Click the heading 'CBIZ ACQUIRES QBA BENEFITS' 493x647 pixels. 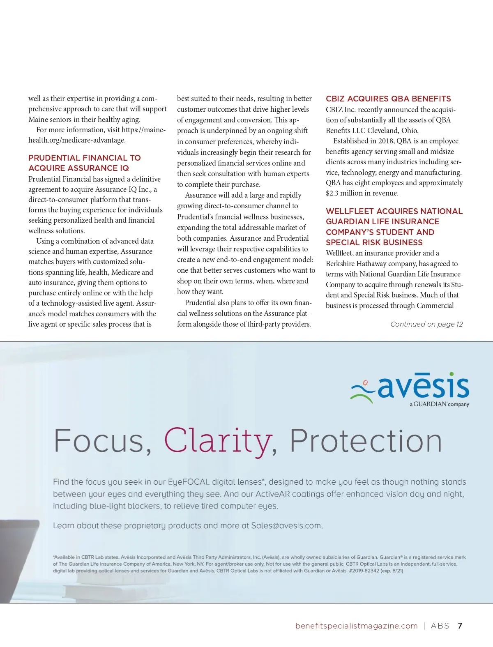388,99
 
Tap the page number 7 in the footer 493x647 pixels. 460,626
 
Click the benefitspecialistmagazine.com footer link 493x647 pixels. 356,626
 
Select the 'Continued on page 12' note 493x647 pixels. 426,324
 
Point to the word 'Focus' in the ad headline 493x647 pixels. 99,441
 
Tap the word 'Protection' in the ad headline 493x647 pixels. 366,441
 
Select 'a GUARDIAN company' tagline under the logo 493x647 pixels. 439,404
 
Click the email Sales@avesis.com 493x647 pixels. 286,526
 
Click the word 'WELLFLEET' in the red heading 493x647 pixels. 350,211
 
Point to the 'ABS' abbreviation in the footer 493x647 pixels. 440,626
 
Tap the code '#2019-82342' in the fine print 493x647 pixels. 364,571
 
